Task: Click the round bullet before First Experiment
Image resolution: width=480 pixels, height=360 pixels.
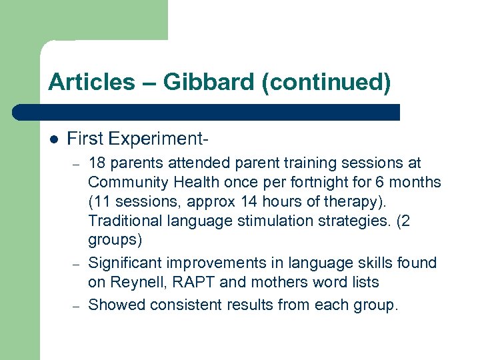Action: point(54,139)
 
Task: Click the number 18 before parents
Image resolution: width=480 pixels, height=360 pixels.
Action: point(96,163)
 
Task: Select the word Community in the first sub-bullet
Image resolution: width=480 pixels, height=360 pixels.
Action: point(124,182)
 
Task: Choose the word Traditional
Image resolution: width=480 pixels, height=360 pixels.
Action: point(123,221)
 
